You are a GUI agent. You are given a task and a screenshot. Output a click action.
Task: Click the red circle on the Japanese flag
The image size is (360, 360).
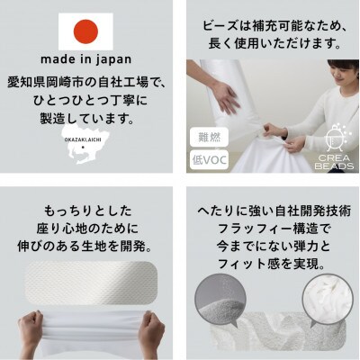tap(86, 32)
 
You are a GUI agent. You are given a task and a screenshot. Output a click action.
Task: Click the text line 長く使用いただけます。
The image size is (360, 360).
tap(271, 42)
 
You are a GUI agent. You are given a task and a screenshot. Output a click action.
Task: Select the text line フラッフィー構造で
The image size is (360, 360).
tap(271, 228)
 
